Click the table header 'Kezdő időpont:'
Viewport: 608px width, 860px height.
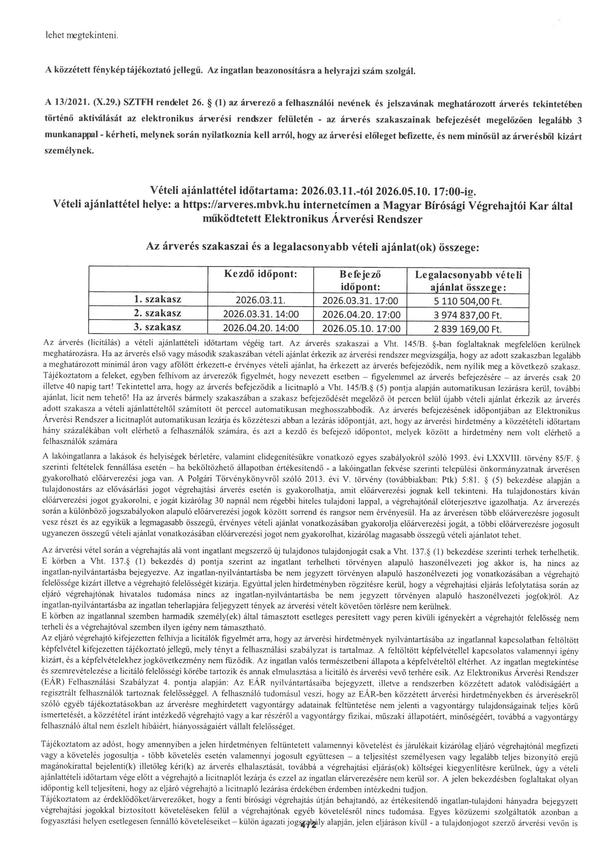coord(260,274)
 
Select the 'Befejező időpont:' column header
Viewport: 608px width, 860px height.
coord(360,281)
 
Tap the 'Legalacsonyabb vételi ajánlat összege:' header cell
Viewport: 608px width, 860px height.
coord(468,281)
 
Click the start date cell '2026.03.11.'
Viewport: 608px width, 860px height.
coord(260,301)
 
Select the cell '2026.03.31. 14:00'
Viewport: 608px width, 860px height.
coord(261,314)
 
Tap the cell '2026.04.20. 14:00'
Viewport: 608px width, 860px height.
coord(261,328)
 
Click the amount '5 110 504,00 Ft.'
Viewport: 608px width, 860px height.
coord(467,301)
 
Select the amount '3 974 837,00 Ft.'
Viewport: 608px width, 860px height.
coord(467,315)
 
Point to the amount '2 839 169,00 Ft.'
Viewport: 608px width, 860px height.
coord(467,329)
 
